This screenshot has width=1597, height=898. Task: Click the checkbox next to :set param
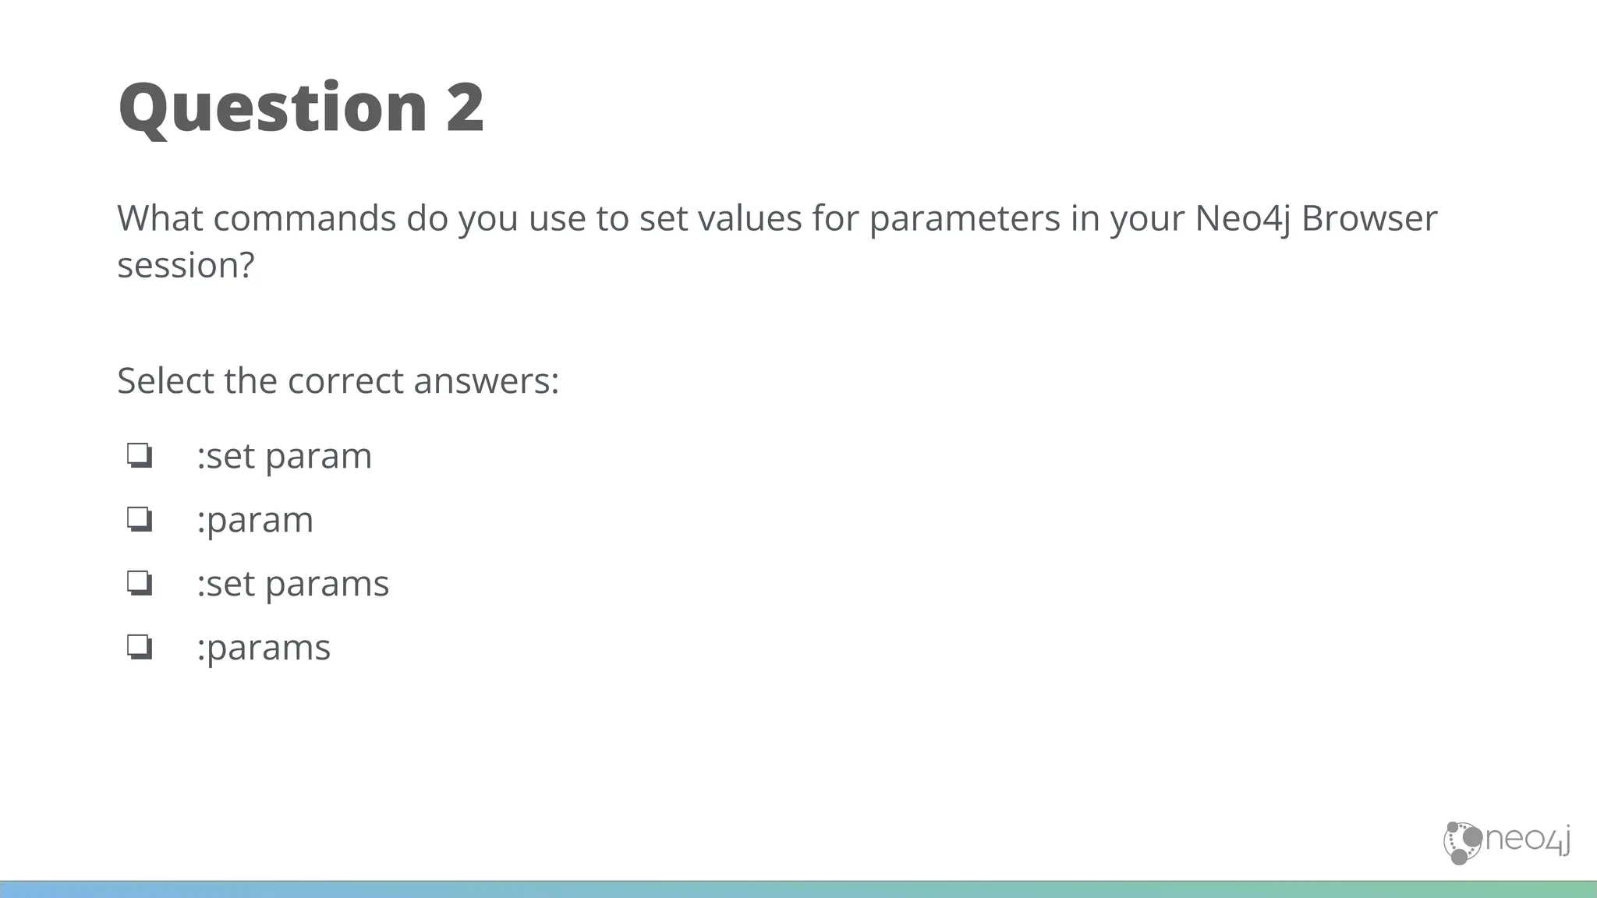tap(140, 455)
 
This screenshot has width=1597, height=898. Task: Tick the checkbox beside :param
tap(140, 519)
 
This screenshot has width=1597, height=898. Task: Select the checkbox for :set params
tap(140, 583)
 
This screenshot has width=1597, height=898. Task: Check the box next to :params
tap(140, 647)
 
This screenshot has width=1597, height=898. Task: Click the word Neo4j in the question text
tap(1242, 219)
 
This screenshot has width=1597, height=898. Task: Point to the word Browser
tap(1369, 218)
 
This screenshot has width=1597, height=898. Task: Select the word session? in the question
tap(186, 265)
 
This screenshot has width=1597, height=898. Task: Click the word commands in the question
tap(304, 218)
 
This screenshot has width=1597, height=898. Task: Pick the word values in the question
tap(749, 218)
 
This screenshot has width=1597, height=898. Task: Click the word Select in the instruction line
tap(165, 381)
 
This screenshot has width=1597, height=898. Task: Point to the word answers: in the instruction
tap(486, 381)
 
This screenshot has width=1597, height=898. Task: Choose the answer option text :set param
tap(285, 456)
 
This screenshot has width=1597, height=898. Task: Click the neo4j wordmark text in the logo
tap(1527, 840)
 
